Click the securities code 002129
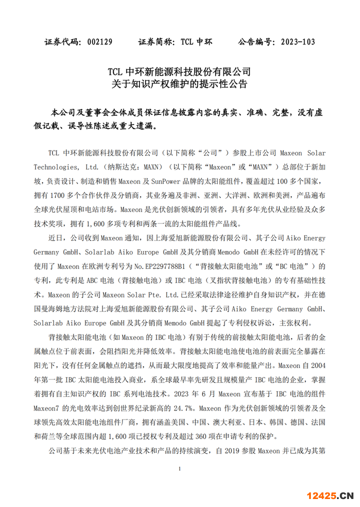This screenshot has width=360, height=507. click(x=100, y=41)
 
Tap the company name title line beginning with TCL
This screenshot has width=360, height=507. click(x=179, y=72)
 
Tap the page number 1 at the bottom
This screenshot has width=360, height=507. click(x=179, y=469)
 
